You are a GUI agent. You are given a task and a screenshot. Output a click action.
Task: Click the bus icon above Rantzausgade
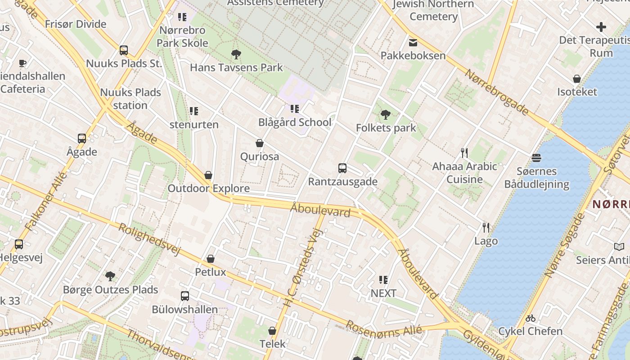click(342, 168)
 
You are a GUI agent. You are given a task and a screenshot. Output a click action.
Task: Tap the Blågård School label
click(295, 122)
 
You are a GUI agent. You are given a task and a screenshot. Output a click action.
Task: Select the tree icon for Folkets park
click(385, 115)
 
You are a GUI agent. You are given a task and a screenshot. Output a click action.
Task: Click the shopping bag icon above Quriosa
click(260, 144)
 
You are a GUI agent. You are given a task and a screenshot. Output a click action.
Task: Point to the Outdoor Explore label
click(208, 188)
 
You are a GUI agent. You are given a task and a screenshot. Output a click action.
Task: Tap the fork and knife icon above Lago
click(486, 227)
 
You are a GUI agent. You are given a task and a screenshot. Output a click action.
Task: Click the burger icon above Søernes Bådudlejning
click(536, 158)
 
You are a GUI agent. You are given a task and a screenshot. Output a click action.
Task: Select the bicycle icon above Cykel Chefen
click(531, 318)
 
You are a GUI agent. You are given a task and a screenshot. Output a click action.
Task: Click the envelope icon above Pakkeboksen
click(413, 43)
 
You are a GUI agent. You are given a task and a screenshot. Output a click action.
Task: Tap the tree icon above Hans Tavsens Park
click(236, 54)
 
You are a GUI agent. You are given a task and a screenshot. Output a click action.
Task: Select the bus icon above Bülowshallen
click(185, 296)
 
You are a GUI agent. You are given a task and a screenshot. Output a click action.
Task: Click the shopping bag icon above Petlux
click(210, 259)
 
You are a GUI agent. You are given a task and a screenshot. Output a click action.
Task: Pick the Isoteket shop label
click(577, 92)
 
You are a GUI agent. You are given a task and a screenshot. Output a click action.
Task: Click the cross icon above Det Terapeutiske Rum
click(601, 27)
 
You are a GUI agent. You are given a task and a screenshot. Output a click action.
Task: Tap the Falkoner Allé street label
click(47, 201)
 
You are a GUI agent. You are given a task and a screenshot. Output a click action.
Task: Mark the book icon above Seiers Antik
click(619, 247)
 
